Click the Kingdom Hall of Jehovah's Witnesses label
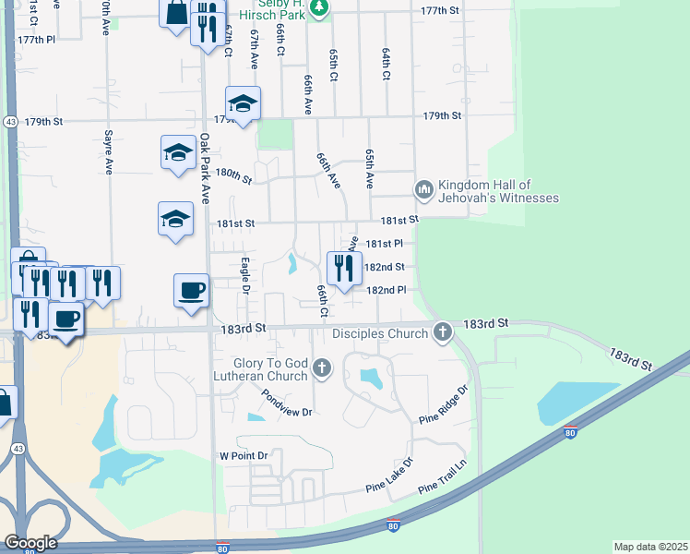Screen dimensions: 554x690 coord(498,191)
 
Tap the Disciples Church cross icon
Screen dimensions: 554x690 coord(443,332)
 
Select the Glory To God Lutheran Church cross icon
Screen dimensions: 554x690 coord(322,369)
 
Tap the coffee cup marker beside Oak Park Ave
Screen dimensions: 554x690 coord(191,291)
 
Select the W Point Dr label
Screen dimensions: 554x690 coord(243,456)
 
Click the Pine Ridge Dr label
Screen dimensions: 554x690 coord(444,405)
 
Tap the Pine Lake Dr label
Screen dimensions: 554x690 coord(389,475)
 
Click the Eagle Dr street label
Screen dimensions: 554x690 coord(245,275)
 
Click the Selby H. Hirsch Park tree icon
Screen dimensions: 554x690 coord(318,9)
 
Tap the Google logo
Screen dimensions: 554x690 coord(30,542)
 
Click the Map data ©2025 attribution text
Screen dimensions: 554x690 coord(650,547)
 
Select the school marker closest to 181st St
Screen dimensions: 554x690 coord(174,219)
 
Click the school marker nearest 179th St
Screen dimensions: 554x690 coord(243,103)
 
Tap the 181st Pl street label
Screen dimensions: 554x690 coord(385,244)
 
